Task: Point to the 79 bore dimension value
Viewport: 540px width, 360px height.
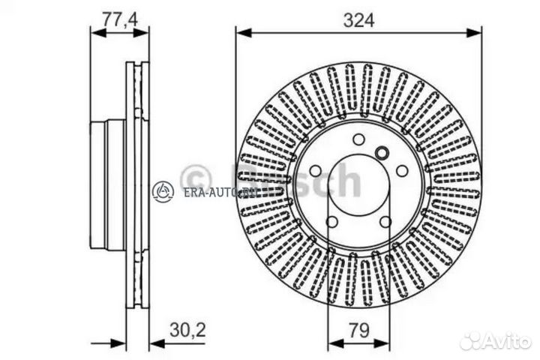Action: [358, 330]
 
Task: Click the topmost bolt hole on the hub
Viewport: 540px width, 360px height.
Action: [358, 139]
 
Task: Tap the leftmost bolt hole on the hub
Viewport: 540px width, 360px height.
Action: [315, 171]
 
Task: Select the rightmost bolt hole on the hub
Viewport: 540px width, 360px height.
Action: [403, 171]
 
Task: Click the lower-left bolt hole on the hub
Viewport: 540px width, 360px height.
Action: [331, 222]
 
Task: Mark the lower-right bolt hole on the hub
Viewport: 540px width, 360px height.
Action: [385, 222]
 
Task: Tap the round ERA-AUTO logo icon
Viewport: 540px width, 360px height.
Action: [163, 192]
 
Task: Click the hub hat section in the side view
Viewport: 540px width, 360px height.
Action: [107, 184]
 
